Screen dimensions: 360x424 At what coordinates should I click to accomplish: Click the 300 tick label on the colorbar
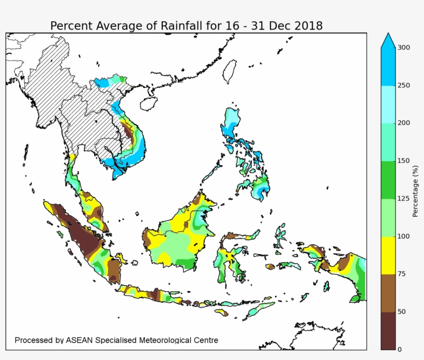[404, 48]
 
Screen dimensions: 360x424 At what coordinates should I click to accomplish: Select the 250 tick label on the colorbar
[404, 85]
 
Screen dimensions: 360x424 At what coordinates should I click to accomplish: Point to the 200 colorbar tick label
[404, 123]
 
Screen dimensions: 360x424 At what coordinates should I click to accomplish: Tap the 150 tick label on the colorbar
[404, 161]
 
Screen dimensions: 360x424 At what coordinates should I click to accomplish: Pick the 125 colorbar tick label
[404, 198]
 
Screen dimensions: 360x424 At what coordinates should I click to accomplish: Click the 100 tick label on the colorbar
[404, 237]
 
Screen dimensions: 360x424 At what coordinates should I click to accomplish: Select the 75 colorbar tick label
[402, 274]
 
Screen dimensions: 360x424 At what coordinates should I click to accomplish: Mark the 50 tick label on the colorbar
[402, 312]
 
